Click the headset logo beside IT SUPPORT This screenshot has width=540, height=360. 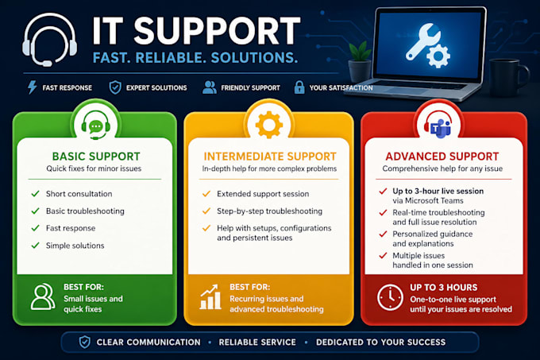pos(50,40)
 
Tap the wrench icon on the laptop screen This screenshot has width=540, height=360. pos(422,41)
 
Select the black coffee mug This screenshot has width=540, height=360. pos(508,76)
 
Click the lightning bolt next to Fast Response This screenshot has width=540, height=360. pos(32,87)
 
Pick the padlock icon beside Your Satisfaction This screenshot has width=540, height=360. pos(299,87)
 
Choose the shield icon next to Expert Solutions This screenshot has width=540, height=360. pos(115,87)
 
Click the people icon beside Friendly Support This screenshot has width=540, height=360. pos(210,87)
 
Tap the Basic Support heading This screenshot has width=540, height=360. pos(96,157)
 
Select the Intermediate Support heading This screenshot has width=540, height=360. pos(270,157)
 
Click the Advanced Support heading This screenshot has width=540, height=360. pos(442,157)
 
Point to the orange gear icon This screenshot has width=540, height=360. pos(269,125)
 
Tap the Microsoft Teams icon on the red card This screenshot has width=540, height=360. pos(438,125)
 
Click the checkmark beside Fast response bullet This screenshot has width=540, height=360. pos(35,228)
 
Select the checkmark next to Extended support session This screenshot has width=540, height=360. pos(206,194)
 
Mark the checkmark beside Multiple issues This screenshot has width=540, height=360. pos(383,256)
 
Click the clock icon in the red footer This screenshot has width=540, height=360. pos(390,297)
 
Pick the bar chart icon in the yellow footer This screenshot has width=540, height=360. pos(210,296)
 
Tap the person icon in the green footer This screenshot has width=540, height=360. pos(43,297)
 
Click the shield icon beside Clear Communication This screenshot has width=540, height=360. pos(85,342)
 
